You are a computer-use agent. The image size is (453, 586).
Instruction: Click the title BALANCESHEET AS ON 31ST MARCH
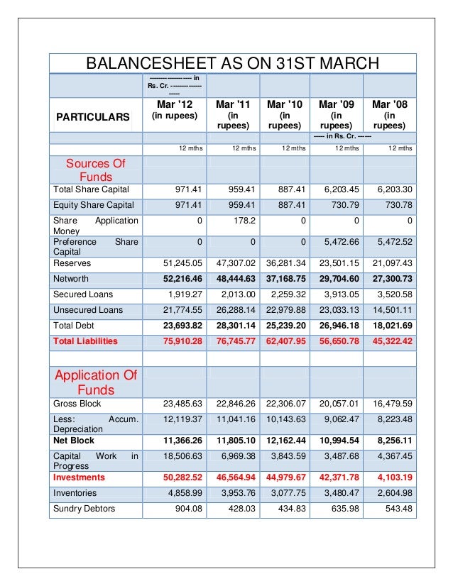pos(232,64)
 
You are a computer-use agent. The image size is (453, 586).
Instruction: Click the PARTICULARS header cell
pos(94,116)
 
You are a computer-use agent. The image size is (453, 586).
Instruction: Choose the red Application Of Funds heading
pos(95,382)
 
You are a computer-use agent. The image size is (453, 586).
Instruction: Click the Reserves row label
pos(72,263)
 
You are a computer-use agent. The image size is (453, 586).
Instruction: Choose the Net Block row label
pos(74,441)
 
